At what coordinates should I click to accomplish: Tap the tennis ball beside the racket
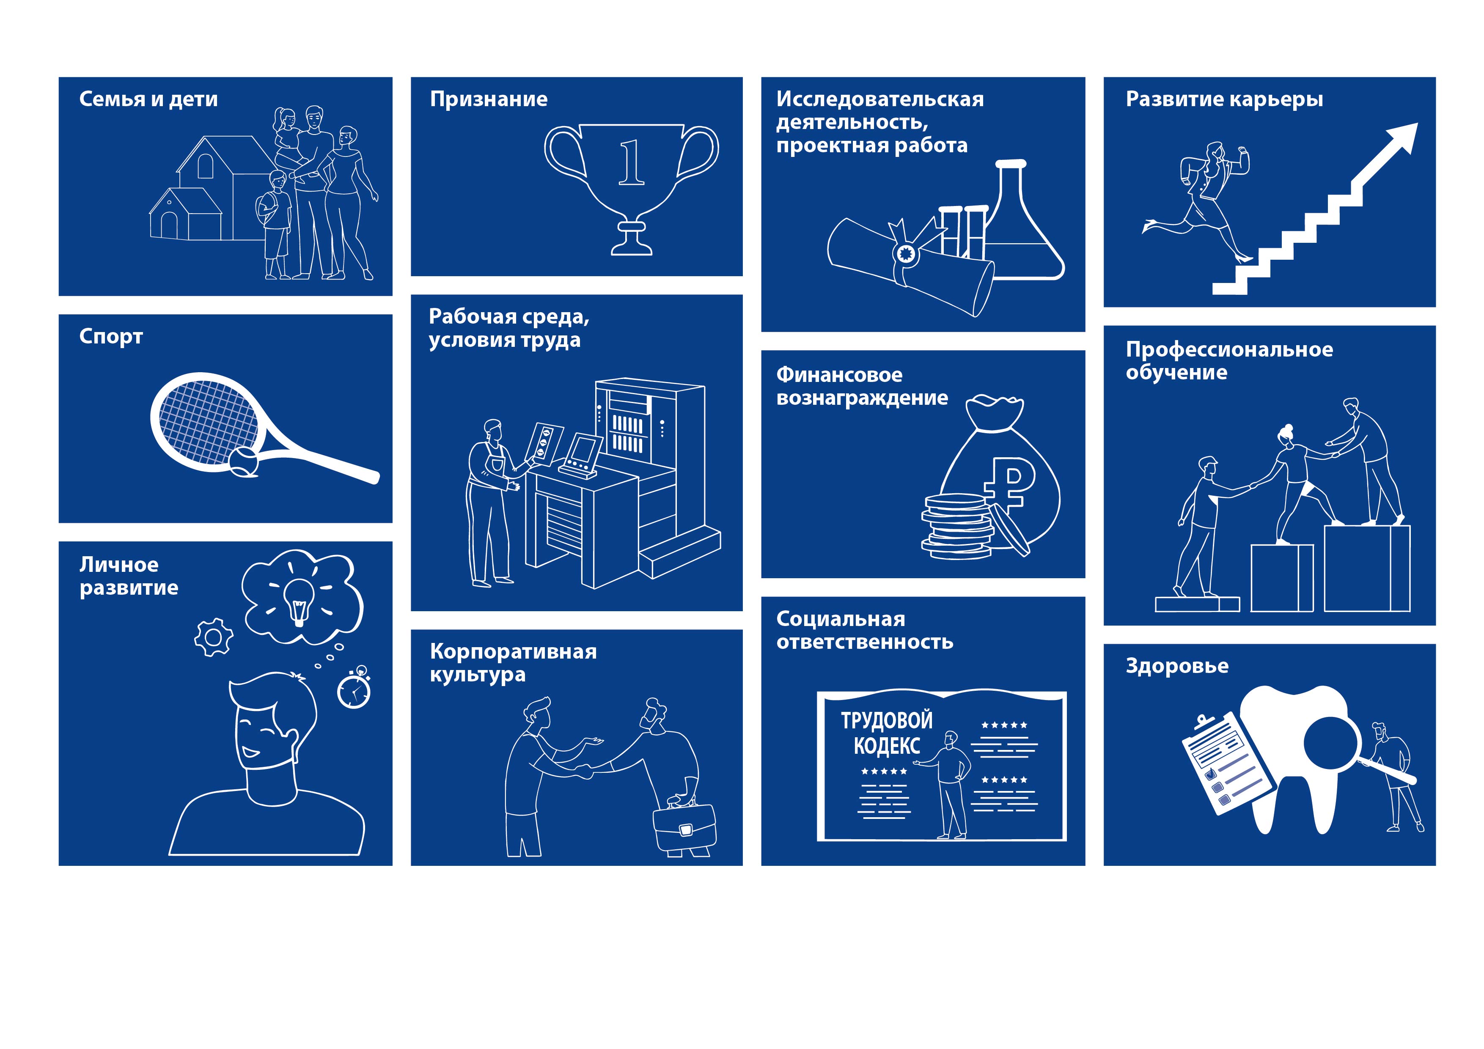pos(244,461)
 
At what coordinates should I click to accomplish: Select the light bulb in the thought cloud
pos(299,601)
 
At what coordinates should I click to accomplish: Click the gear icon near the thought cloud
pos(213,637)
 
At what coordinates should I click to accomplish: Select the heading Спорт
pos(110,337)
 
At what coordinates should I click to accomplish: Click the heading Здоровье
pos(1177,666)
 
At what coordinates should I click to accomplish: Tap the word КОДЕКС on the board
pos(887,745)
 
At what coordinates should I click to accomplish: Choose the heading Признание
pos(489,99)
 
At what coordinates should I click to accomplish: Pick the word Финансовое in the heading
pos(839,375)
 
